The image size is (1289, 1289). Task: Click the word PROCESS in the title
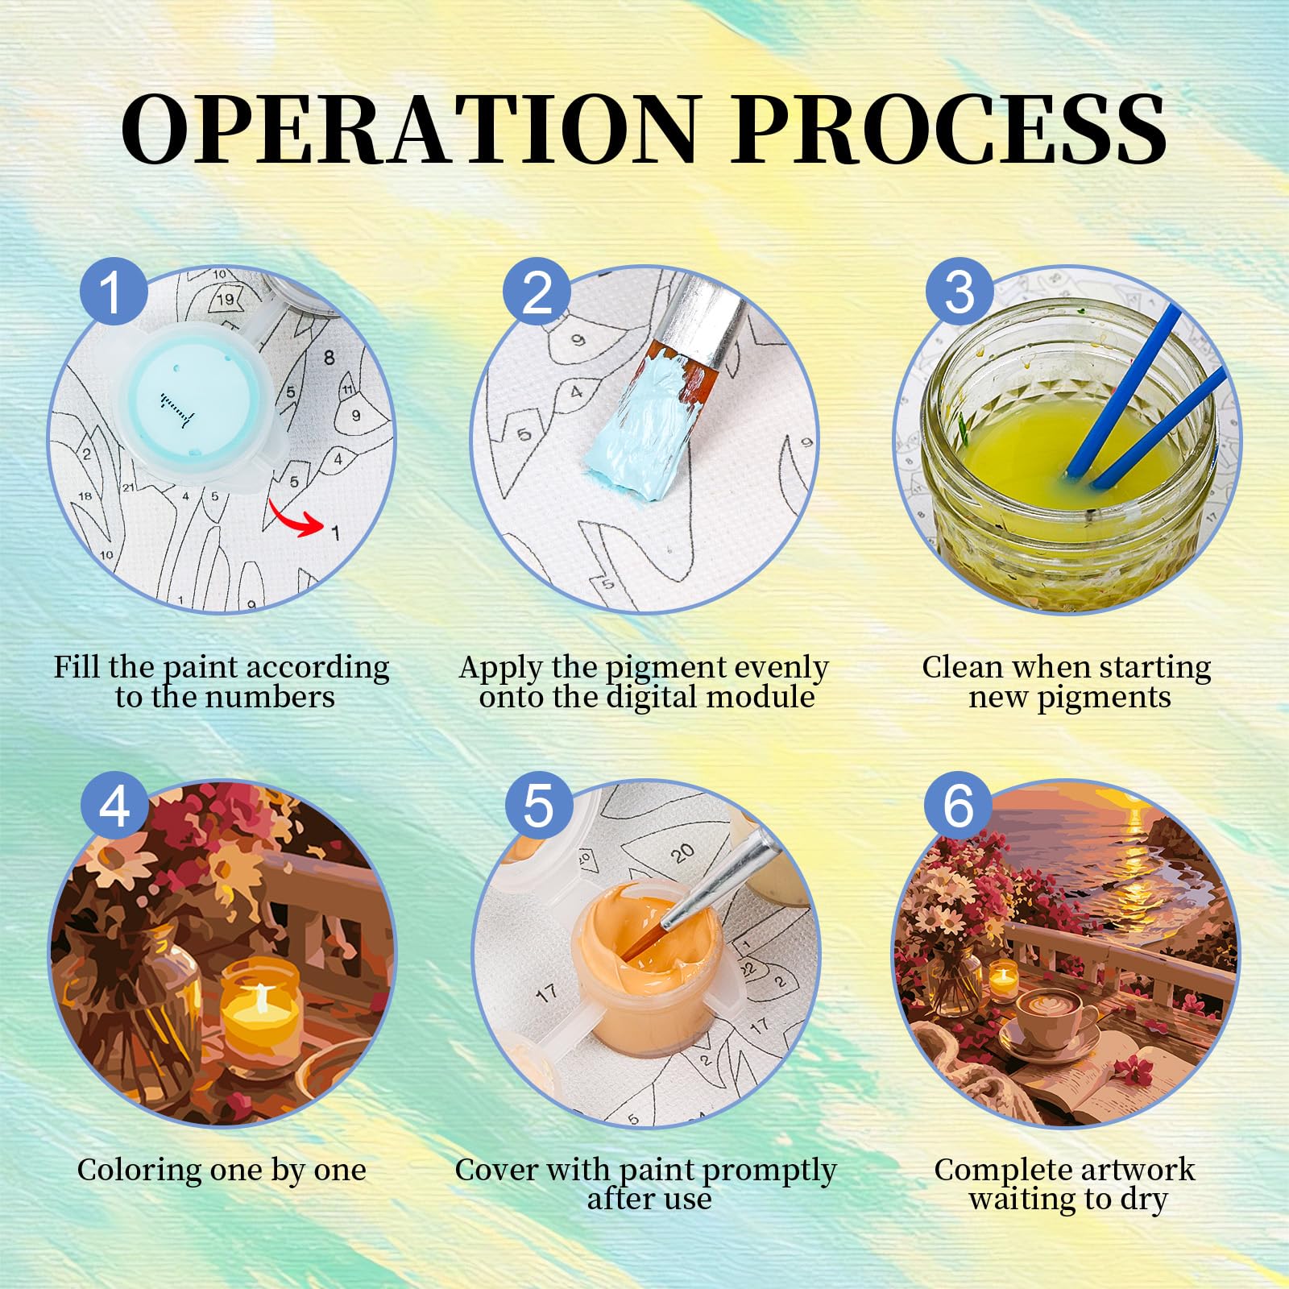951,130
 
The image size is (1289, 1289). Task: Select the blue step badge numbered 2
537,292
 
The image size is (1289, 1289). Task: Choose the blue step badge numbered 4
114,805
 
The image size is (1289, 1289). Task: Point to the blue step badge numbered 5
538,805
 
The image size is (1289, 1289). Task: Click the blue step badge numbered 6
958,805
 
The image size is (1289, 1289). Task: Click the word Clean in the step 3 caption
962,667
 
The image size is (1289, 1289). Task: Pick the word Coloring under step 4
138,1171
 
